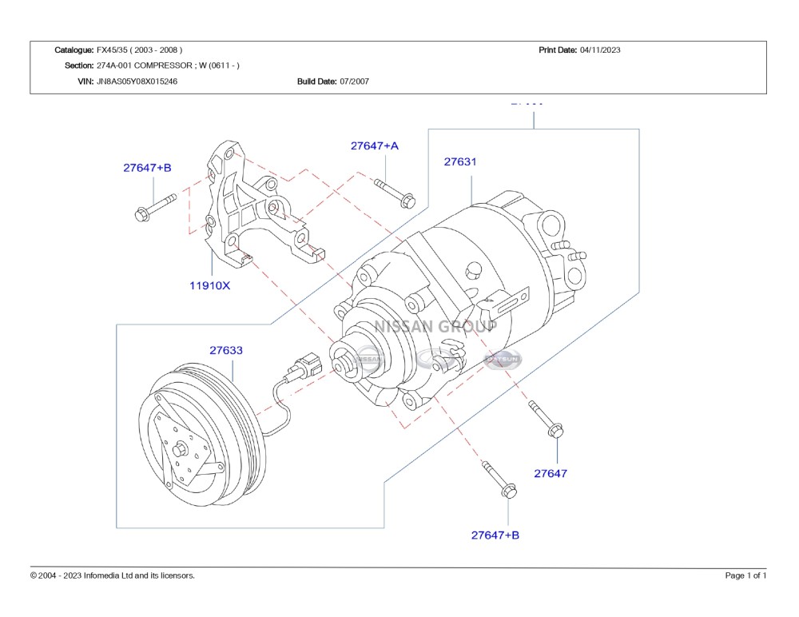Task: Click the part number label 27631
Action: pyautogui.click(x=459, y=161)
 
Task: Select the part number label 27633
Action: pyautogui.click(x=226, y=350)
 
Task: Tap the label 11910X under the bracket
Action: pyautogui.click(x=209, y=285)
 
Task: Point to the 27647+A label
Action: pyautogui.click(x=374, y=146)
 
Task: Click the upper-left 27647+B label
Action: pyautogui.click(x=147, y=168)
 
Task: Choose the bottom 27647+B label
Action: pyautogui.click(x=495, y=535)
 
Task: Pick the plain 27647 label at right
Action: pyautogui.click(x=551, y=473)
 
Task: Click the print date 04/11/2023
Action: pyautogui.click(x=600, y=50)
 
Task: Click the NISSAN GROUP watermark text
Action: pyautogui.click(x=435, y=326)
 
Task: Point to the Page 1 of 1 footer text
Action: pyautogui.click(x=745, y=575)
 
